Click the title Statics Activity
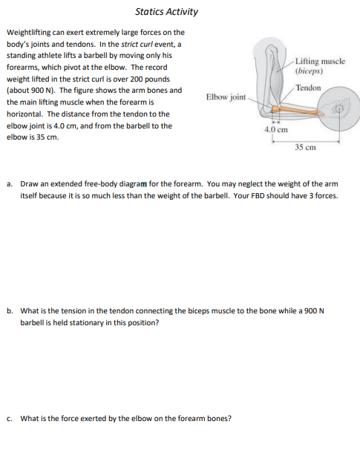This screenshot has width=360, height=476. pyautogui.click(x=167, y=12)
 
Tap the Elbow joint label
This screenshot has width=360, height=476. pyautogui.click(x=226, y=97)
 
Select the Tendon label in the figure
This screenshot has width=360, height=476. pyautogui.click(x=308, y=88)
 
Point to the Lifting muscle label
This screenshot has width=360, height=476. pyautogui.click(x=320, y=61)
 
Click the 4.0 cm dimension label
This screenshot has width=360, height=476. pyautogui.click(x=276, y=130)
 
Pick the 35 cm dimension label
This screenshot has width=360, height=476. pyautogui.click(x=305, y=148)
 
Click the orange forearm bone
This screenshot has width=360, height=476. pyautogui.click(x=298, y=110)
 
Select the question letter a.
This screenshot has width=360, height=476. pyautogui.click(x=10, y=184)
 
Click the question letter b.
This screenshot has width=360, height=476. pyautogui.click(x=10, y=311)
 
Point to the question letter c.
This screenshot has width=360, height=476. pyautogui.click(x=10, y=419)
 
